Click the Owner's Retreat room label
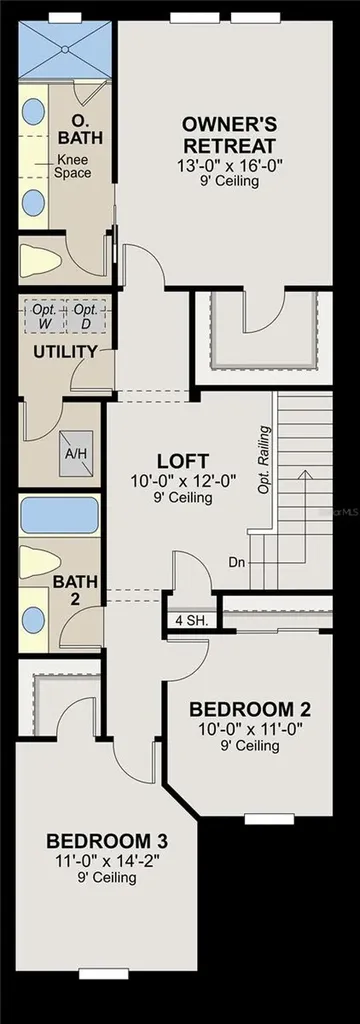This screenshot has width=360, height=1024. pos(229,134)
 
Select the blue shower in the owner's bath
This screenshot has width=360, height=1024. pos(65,50)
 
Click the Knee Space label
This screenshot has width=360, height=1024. pos(73,166)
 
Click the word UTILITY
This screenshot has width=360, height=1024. pos(65,352)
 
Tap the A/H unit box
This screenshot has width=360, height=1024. pos(73,453)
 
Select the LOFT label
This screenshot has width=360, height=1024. pos(182,460)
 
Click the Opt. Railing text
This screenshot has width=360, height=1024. pos(263,460)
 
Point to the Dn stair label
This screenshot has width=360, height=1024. pos(237,562)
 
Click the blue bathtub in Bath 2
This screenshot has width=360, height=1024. pos(60,515)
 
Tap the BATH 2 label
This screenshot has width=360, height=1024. pos(75,589)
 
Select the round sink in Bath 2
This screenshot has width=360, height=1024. pos(32,619)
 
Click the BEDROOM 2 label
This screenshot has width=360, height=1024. pos(249,709)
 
